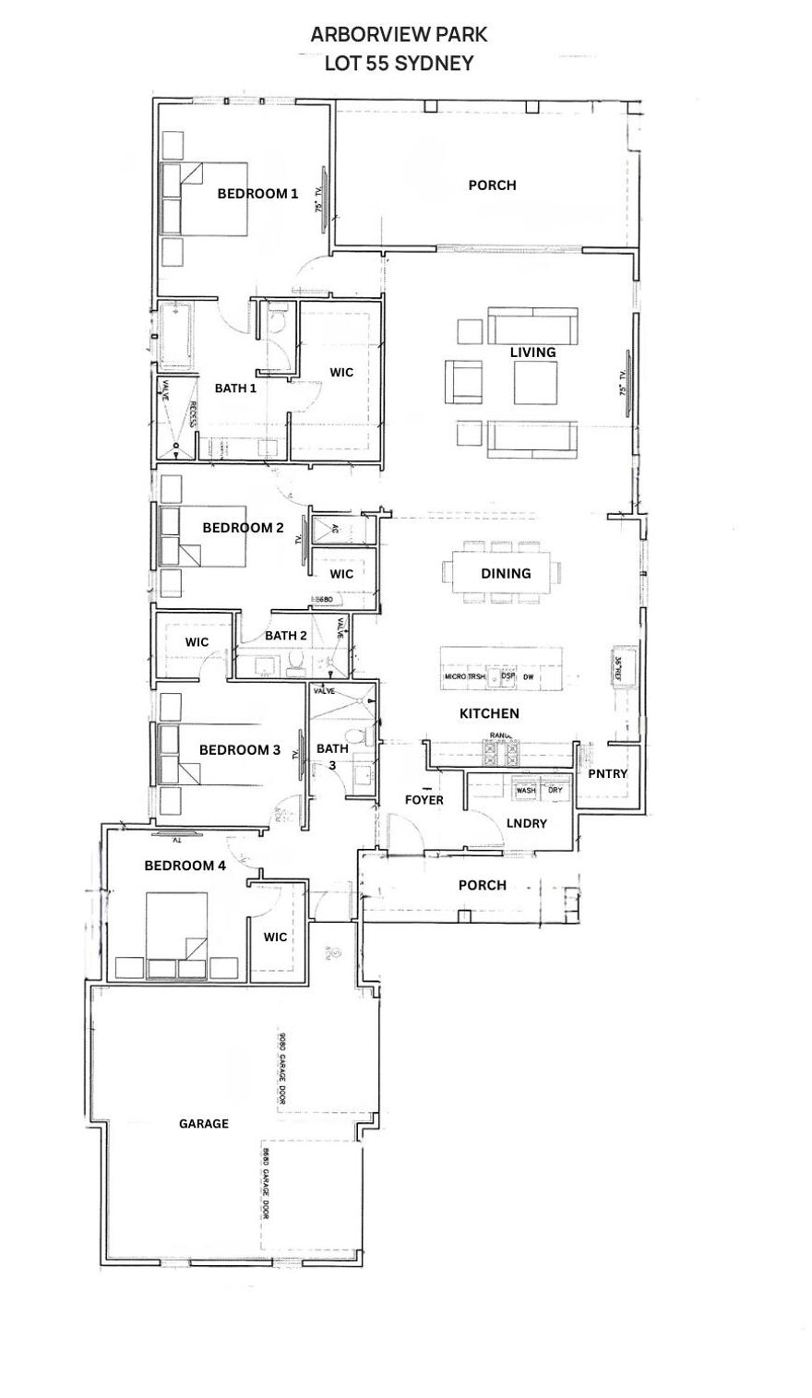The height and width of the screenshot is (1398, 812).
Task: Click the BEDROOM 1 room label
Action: [x=257, y=194]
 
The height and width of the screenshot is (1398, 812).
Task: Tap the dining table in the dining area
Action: [x=505, y=573]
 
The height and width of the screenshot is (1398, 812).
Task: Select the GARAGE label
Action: [x=203, y=1123]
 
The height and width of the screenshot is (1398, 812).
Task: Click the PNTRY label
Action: [x=607, y=773]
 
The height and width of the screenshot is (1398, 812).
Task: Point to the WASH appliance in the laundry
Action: [x=526, y=791]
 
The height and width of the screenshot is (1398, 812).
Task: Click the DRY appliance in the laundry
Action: [x=555, y=791]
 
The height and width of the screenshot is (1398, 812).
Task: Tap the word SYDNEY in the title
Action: [x=438, y=64]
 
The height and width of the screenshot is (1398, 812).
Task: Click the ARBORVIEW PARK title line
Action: [x=399, y=35]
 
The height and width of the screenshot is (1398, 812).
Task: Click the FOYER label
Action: [x=424, y=799]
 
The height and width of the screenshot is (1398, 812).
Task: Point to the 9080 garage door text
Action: [x=281, y=1068]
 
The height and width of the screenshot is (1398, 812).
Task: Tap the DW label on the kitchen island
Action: [x=529, y=677]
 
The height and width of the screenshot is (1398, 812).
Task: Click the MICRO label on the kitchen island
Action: [x=455, y=677]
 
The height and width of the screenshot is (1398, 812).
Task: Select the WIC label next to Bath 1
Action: [x=342, y=372]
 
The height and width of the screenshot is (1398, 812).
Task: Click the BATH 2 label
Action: [x=286, y=635]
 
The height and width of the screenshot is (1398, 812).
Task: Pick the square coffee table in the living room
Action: [x=535, y=382]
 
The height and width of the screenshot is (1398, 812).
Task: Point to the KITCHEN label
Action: [x=489, y=713]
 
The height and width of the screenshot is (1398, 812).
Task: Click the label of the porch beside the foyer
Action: [x=482, y=885]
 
